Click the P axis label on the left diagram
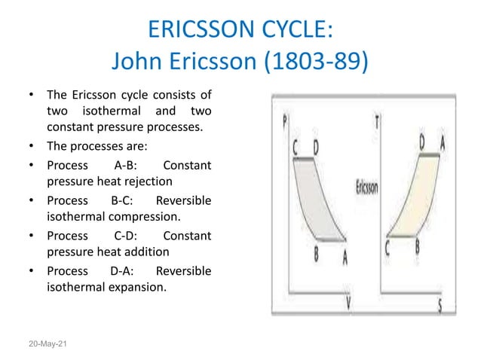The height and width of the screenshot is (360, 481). (x=284, y=121)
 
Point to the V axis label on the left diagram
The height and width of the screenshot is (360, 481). (x=349, y=303)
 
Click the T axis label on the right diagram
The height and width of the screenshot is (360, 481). (x=376, y=121)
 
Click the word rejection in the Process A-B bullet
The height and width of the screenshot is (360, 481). (x=148, y=181)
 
